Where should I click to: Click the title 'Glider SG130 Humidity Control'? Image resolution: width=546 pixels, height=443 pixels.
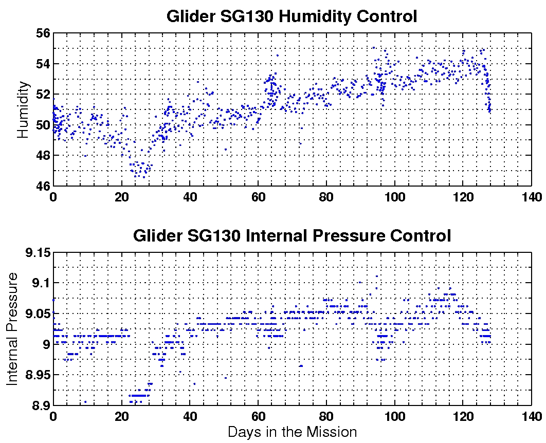[x=292, y=16]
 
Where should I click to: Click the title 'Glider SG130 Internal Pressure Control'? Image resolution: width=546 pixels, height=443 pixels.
[x=292, y=236]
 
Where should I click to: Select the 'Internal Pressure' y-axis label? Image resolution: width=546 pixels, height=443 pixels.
[x=12, y=329]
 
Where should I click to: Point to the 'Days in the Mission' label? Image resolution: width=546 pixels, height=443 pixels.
[x=292, y=432]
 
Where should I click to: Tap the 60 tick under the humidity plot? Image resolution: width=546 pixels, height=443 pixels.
[x=258, y=197]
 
